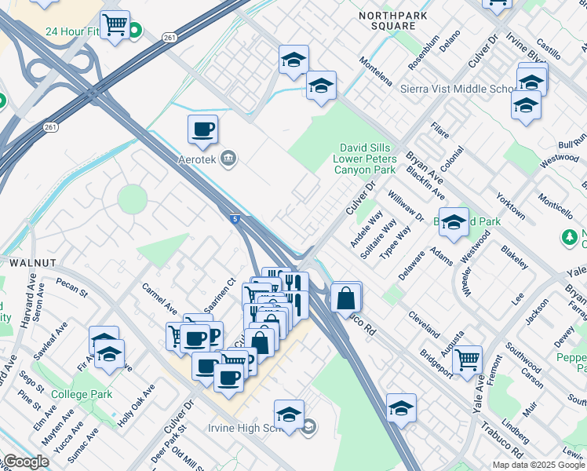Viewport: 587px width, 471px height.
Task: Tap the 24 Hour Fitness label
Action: coord(72,32)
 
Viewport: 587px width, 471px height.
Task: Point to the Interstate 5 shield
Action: coord(235,221)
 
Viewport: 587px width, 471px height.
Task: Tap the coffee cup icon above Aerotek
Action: coord(202,130)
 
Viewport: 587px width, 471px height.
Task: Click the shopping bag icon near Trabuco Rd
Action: coord(345,298)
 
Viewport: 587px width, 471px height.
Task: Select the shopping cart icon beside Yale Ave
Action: coord(467,360)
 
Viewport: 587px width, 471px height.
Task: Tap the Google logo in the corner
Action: coord(25,462)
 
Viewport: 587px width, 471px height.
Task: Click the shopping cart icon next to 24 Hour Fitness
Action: coord(115,24)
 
